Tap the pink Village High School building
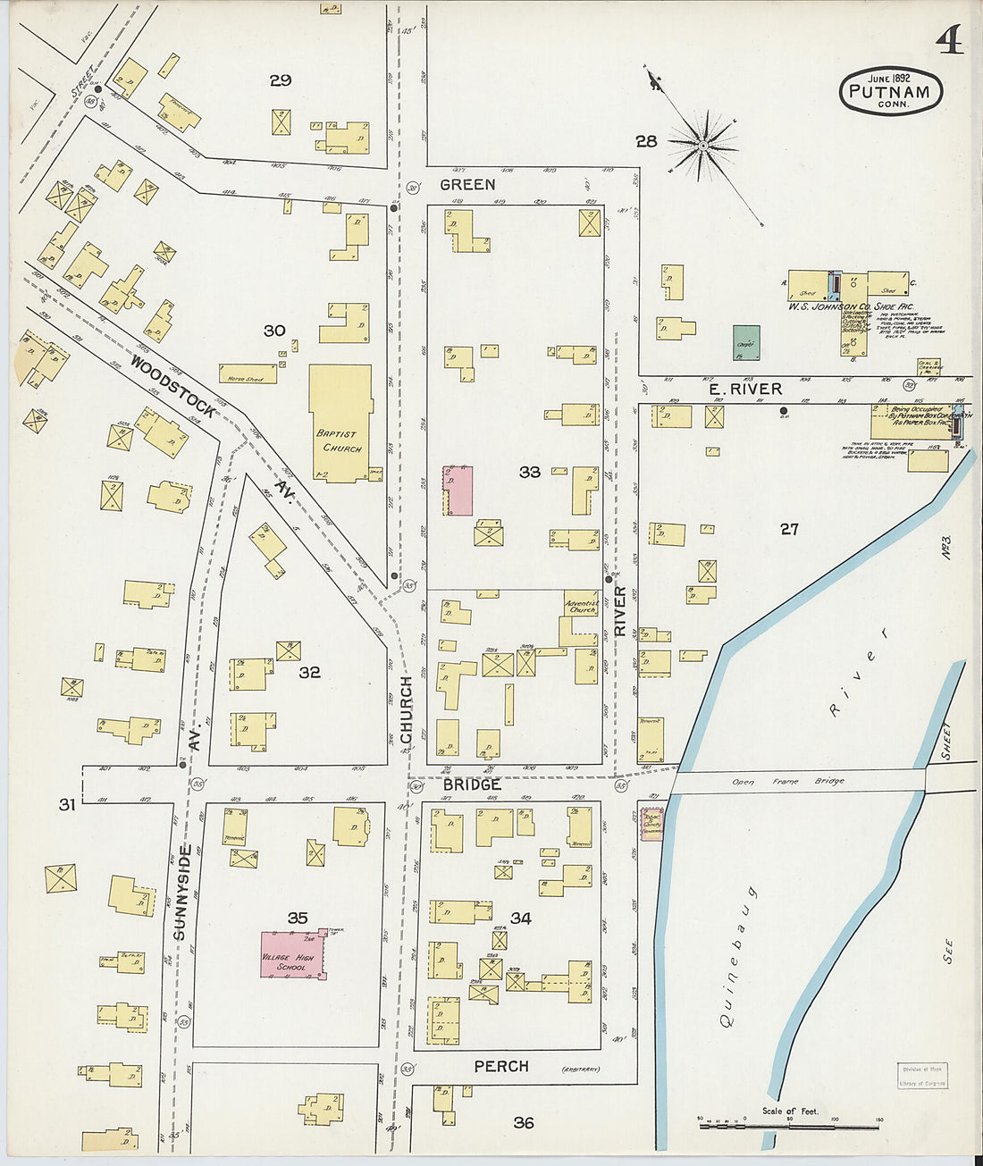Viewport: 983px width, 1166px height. coord(291,955)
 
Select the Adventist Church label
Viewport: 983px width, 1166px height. coord(582,606)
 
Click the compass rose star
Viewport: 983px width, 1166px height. coord(704,144)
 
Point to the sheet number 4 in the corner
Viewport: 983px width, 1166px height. coord(949,40)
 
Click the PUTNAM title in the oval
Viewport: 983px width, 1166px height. coord(889,91)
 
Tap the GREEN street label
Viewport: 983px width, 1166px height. coord(466,184)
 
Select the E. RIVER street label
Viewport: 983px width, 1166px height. coord(744,389)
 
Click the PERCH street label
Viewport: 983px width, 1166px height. coord(500,1066)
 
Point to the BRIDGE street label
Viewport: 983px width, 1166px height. coord(471,784)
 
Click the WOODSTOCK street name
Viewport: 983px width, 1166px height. coord(172,386)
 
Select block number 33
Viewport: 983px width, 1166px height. coord(530,471)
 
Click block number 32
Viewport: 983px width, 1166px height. coord(309,672)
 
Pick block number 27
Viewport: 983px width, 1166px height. coord(788,529)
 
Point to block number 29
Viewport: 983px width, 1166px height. coord(281,80)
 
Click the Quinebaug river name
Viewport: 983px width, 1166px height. coord(736,956)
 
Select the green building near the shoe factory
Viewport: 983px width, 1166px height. coord(746,342)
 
